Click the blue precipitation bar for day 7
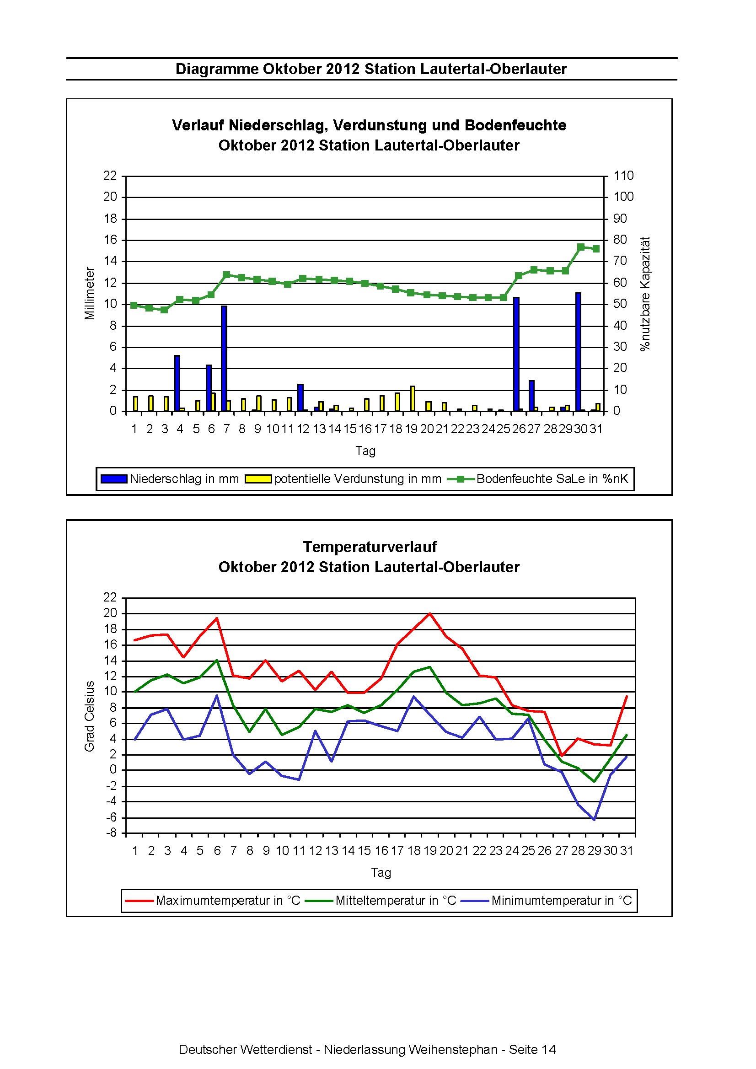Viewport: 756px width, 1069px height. click(x=224, y=359)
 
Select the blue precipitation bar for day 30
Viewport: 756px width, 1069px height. click(x=578, y=352)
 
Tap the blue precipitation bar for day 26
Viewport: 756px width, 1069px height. click(x=516, y=355)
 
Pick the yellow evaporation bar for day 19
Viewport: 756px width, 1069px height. click(x=413, y=398)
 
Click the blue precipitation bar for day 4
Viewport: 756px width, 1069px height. click(x=177, y=383)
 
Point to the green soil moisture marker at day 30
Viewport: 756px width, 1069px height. click(x=580, y=247)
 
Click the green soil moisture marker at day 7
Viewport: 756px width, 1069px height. click(x=226, y=275)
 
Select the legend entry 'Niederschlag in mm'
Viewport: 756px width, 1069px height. click(x=170, y=479)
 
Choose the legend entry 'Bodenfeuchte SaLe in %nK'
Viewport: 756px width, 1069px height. click(x=538, y=479)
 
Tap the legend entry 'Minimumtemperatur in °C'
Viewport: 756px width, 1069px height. click(x=546, y=901)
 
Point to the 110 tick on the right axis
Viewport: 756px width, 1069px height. click(x=623, y=176)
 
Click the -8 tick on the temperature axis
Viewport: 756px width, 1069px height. click(x=111, y=833)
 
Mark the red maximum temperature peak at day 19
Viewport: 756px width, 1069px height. click(x=429, y=614)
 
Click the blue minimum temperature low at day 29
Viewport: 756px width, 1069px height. click(x=594, y=819)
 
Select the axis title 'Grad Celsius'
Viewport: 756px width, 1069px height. click(x=89, y=716)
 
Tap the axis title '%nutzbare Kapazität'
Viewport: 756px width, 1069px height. click(x=645, y=294)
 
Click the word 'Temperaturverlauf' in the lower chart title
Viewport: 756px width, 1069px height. click(x=370, y=547)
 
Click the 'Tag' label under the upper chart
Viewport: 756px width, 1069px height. click(x=365, y=451)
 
